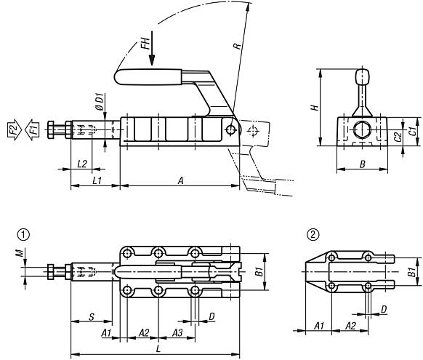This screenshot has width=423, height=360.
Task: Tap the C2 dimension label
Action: tap(397, 136)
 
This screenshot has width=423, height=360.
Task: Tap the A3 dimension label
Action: tap(177, 332)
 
